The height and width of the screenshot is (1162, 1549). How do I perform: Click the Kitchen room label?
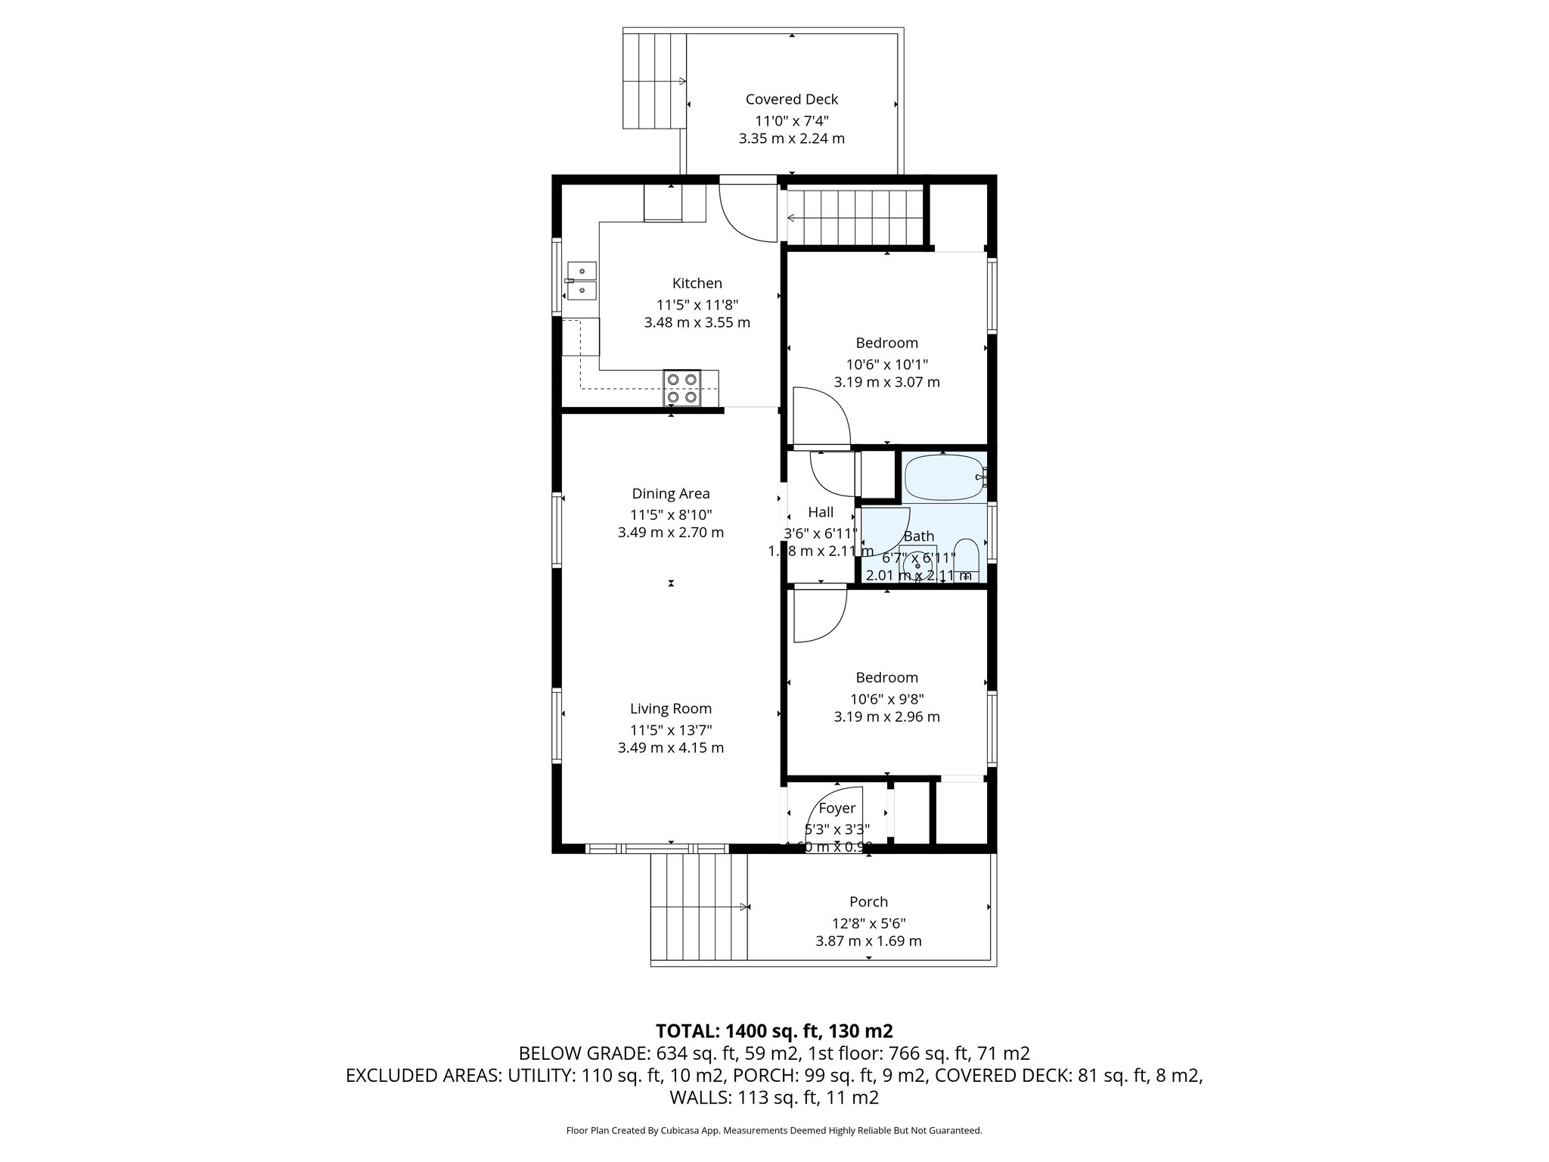tap(697, 284)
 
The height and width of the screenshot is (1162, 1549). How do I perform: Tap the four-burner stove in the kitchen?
tap(681, 388)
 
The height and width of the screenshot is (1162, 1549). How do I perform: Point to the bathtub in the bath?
tap(941, 477)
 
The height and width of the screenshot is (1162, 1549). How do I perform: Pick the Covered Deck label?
tap(791, 99)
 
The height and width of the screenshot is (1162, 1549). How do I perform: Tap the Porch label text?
tap(868, 902)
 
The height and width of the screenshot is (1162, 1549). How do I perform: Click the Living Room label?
tap(671, 709)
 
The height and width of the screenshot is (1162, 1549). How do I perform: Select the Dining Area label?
tap(671, 494)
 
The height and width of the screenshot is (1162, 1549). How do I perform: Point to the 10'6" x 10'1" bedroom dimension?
tap(886, 363)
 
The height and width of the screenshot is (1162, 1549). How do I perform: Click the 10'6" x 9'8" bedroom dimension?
tap(886, 698)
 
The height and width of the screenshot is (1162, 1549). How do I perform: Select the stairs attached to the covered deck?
tap(654, 80)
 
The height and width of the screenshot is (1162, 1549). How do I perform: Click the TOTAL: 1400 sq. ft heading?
tap(774, 1031)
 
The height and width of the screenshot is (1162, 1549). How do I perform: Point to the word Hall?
tap(821, 512)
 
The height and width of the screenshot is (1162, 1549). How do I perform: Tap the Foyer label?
tap(837, 809)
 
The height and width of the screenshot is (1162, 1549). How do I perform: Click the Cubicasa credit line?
tap(774, 1130)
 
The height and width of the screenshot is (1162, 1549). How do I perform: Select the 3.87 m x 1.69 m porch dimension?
tap(868, 941)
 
